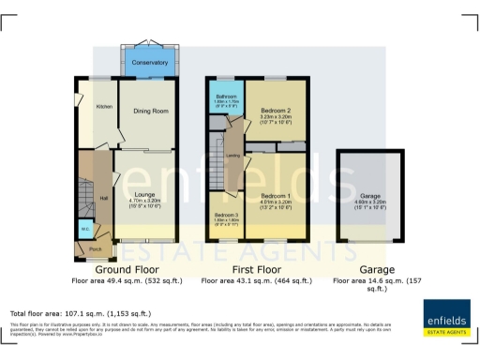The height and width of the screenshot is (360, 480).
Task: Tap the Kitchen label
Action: point(104,107)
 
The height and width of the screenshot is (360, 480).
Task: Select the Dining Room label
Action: point(150,112)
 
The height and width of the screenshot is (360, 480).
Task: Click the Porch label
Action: point(95,249)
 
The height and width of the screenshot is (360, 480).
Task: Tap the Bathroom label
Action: point(225,96)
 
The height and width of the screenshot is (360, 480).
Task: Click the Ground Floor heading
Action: point(127,269)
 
